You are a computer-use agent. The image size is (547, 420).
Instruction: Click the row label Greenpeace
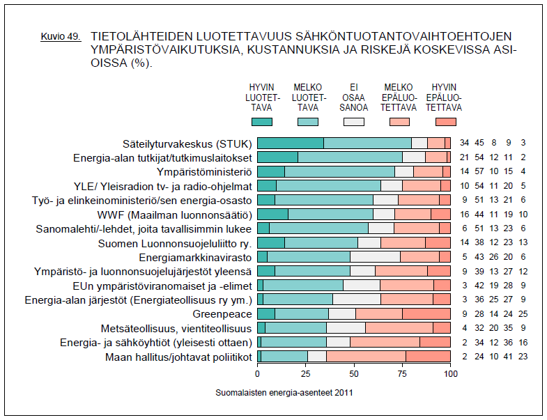pyautogui.click(x=227, y=313)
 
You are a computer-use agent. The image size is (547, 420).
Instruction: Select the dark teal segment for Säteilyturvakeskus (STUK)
pyautogui.click(x=290, y=143)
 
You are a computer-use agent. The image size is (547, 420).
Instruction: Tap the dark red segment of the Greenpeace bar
pyautogui.click(x=426, y=313)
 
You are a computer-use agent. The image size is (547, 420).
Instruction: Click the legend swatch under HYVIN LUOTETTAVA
pyautogui.click(x=261, y=122)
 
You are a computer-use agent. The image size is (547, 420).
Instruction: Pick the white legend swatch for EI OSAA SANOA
pyautogui.click(x=354, y=122)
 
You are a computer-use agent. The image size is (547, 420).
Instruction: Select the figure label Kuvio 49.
pyautogui.click(x=61, y=35)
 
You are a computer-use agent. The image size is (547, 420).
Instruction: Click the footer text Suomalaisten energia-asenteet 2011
pyautogui.click(x=284, y=392)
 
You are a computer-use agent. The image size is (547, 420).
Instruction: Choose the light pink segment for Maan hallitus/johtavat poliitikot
pyautogui.click(x=366, y=357)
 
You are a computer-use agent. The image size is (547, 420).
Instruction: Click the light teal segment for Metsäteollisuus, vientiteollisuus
pyautogui.click(x=295, y=328)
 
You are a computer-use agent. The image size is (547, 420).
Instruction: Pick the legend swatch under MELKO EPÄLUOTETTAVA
pyautogui.click(x=399, y=122)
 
